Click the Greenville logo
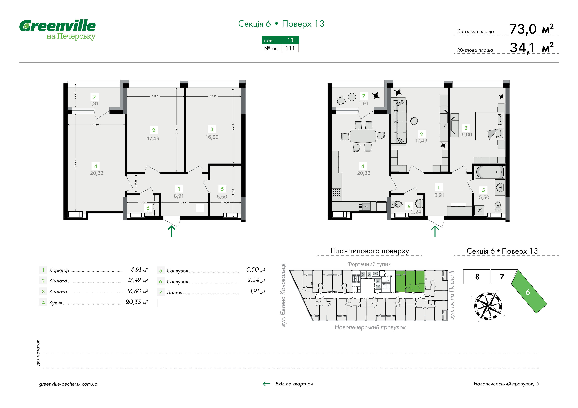[57, 30]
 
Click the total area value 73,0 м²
[531, 29]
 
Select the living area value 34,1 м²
[531, 48]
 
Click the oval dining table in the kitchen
[363, 136]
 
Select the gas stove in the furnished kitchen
[337, 192]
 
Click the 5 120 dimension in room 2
[177, 131]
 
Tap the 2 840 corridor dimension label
[184, 202]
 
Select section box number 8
[477, 277]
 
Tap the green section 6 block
[529, 292]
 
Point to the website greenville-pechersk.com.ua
[68, 384]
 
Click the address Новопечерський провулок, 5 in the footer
[506, 384]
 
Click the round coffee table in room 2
[414, 121]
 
